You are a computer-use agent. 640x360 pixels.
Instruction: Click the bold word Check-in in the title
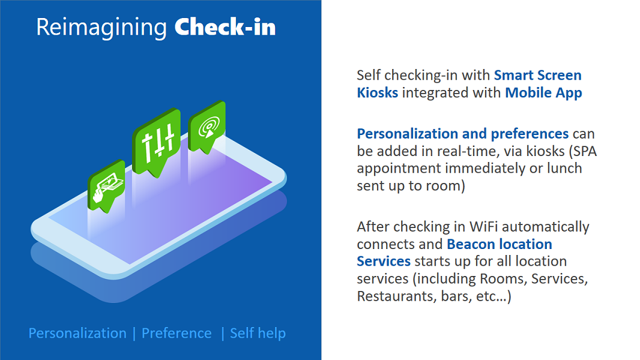[x=225, y=28]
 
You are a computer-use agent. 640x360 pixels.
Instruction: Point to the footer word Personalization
[x=77, y=333]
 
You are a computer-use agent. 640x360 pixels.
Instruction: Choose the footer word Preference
[x=177, y=333]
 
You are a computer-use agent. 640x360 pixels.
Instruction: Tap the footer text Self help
[x=258, y=333]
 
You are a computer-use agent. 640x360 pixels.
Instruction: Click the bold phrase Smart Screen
[x=537, y=75]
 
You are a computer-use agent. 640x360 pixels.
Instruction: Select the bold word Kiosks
[x=377, y=92]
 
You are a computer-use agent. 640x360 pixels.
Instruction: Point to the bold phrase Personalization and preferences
[x=462, y=134]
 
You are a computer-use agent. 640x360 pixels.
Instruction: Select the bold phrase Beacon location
[x=499, y=244]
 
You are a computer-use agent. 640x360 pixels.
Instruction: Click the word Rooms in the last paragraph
[x=504, y=278]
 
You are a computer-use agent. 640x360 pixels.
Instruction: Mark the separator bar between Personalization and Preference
[x=134, y=334]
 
